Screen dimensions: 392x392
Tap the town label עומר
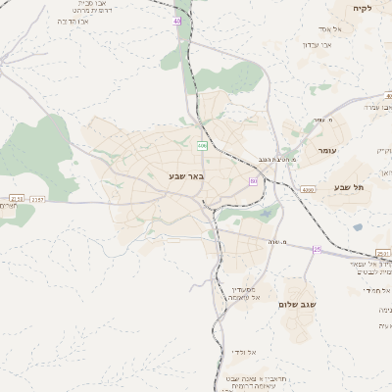pyautogui.click(x=326, y=152)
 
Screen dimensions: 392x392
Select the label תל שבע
pyautogui.click(x=348, y=187)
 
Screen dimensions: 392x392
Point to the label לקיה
pyautogui.click(x=362, y=7)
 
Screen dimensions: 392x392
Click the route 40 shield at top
pyautogui.click(x=176, y=21)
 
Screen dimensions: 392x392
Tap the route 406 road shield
pyautogui.click(x=201, y=145)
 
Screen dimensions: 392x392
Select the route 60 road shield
pyautogui.click(x=253, y=181)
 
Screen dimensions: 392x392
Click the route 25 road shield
pyautogui.click(x=317, y=250)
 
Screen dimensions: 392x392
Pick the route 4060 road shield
pyautogui.click(x=308, y=190)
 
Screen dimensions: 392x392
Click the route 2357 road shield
pyautogui.click(x=37, y=200)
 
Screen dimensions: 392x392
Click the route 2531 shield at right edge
pyautogui.click(x=382, y=253)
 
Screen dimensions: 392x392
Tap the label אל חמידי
pyautogui.click(x=376, y=290)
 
